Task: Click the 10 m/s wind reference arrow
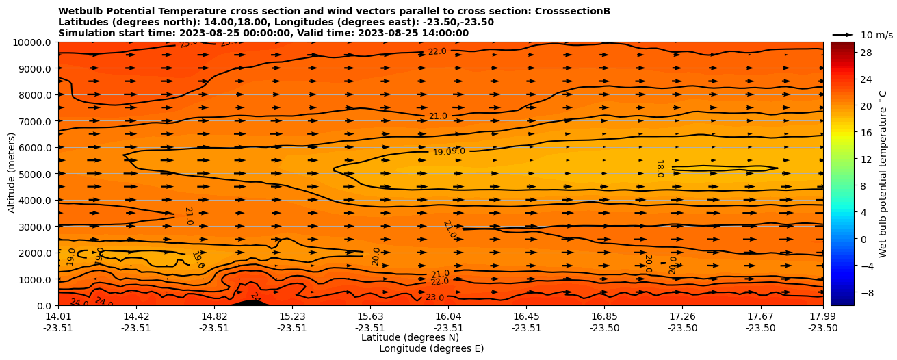[843, 34]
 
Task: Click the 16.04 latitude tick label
[448, 316]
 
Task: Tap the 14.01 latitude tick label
[58, 316]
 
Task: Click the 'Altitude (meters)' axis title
[12, 174]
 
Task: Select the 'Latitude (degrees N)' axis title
[400, 337]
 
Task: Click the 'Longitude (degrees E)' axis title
[431, 348]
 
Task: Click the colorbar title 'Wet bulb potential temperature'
[883, 174]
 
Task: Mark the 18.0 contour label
[660, 168]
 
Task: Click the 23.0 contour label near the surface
[435, 297]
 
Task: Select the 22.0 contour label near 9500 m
[437, 51]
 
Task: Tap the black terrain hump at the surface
[250, 302]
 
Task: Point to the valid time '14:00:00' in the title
[445, 33]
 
